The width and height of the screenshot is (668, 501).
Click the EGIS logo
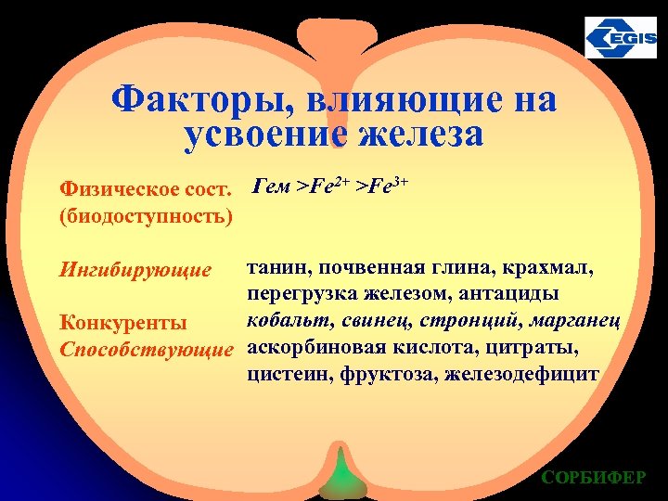pos(620,38)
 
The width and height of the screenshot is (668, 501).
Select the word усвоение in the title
pos(265,135)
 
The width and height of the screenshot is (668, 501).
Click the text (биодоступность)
pos(145,217)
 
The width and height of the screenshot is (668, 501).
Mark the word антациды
pos(536,295)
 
